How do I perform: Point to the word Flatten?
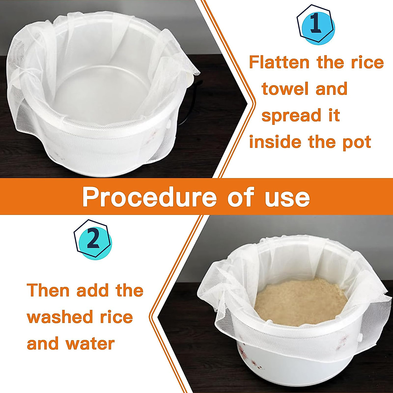tap(279, 62)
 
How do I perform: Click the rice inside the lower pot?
tap(300, 301)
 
